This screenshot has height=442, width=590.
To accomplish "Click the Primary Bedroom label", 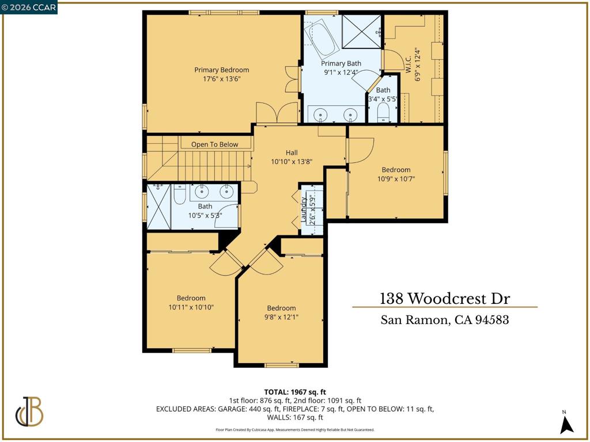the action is [x=222, y=70].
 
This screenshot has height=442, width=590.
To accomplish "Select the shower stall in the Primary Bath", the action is [x=362, y=32].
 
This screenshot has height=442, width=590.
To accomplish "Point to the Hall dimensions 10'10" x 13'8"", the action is [x=292, y=162].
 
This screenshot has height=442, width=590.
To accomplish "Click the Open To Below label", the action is [x=214, y=144].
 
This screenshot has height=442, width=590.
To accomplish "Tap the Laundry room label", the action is [x=304, y=209].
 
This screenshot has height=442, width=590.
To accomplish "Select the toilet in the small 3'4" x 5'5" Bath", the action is [x=383, y=112].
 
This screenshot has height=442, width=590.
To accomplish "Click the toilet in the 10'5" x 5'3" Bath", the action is [x=180, y=193].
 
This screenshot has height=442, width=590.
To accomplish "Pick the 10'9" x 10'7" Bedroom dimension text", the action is [x=396, y=179].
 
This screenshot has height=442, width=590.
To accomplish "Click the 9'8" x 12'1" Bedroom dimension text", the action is [x=281, y=317].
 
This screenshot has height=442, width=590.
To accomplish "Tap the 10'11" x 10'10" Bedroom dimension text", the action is [x=191, y=307].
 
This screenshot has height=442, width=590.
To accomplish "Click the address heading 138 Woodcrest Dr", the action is [x=445, y=299].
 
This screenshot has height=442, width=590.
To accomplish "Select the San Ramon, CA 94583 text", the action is [x=445, y=320].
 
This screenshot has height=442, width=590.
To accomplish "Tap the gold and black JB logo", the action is [x=29, y=411].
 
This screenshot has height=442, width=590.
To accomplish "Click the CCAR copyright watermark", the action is [x=29, y=7].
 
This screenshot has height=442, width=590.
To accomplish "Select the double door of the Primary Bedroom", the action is [x=277, y=112].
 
